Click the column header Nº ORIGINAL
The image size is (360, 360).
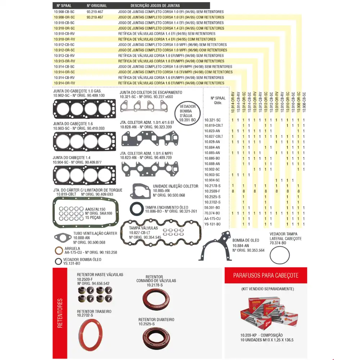[x=97, y=6]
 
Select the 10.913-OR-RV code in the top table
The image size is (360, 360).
[x=64, y=61]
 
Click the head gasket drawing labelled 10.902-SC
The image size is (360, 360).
[x=85, y=109]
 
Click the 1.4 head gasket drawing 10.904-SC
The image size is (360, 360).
[x=85, y=175]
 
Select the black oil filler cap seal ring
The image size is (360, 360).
[x=136, y=209]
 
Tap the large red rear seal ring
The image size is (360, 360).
[x=90, y=336]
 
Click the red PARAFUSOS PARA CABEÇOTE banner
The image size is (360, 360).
[x=266, y=275]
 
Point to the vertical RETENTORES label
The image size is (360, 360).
[x=60, y=313]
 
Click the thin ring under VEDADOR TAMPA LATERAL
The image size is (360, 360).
[x=280, y=256]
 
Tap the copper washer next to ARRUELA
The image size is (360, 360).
[x=58, y=251]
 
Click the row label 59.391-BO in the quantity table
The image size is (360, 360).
[x=212, y=208]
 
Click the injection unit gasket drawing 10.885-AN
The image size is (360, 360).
[x=140, y=191]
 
